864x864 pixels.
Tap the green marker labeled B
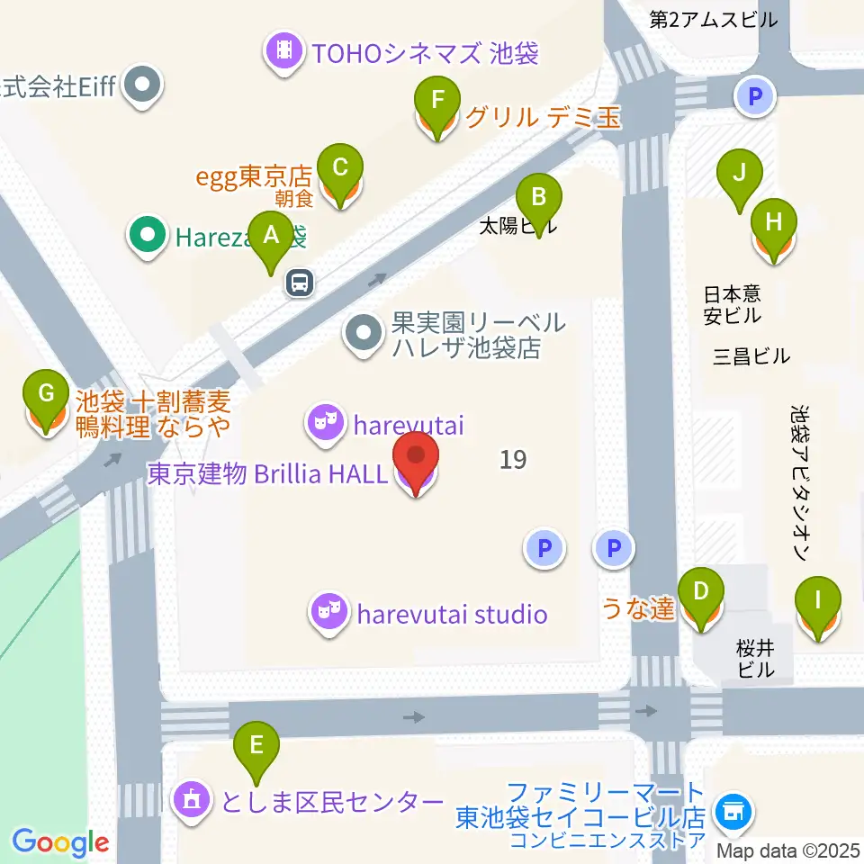click(x=538, y=197)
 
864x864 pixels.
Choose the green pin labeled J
click(x=739, y=174)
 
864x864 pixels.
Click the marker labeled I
click(x=818, y=602)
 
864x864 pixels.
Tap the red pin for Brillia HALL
click(x=415, y=461)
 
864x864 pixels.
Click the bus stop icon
click(x=300, y=283)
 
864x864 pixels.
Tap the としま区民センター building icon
click(x=192, y=800)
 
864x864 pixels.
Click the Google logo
click(x=60, y=842)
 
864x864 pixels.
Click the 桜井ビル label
click(x=754, y=658)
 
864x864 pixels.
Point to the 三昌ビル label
click(x=751, y=355)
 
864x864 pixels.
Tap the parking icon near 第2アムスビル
click(x=754, y=95)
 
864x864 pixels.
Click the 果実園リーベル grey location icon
click(x=364, y=335)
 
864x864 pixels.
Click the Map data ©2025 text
click(x=787, y=850)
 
